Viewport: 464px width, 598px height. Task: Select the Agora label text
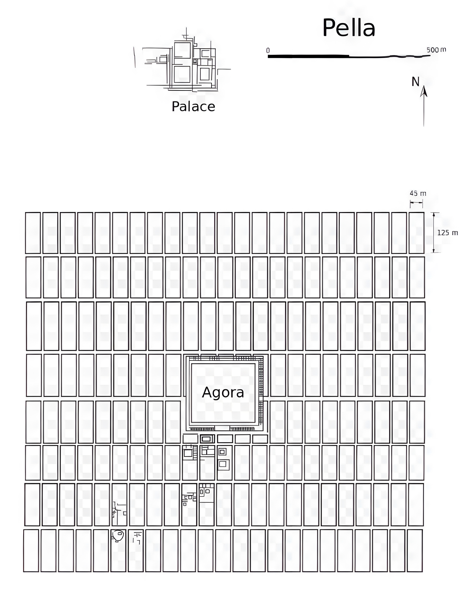click(x=223, y=392)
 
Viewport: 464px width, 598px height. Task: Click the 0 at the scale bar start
click(x=268, y=50)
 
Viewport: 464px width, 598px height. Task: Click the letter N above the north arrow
click(x=415, y=82)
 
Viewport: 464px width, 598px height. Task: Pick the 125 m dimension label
click(x=447, y=233)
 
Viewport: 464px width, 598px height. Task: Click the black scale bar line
click(x=349, y=56)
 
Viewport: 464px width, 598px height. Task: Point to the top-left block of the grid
click(x=33, y=233)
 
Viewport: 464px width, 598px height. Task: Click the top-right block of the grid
click(x=417, y=233)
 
